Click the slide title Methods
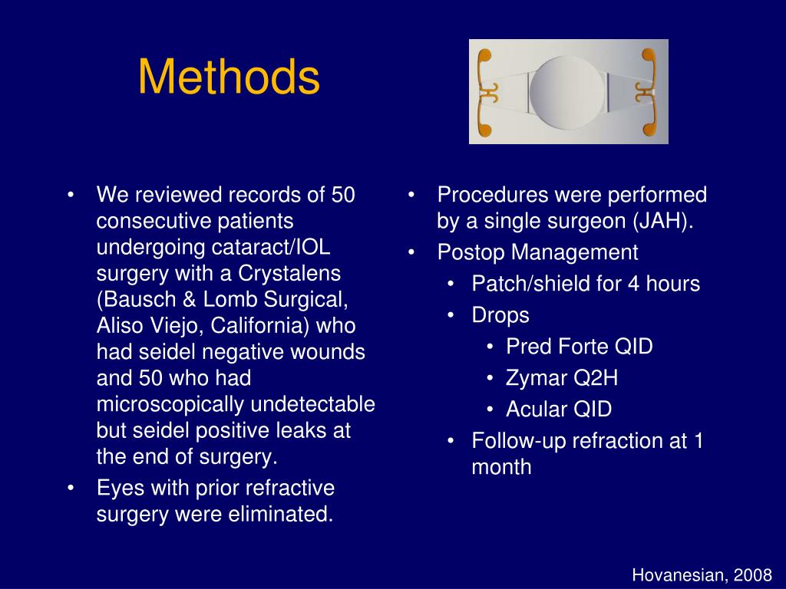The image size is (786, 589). pos(229,78)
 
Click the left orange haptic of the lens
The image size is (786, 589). pos(484,92)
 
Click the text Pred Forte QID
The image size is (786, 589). pos(579,347)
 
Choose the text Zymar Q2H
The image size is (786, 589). pos(562,378)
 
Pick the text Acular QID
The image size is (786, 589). pos(559,410)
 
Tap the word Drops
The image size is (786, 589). pos(500,315)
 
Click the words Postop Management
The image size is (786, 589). pos(537,252)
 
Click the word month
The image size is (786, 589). pos(501,467)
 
